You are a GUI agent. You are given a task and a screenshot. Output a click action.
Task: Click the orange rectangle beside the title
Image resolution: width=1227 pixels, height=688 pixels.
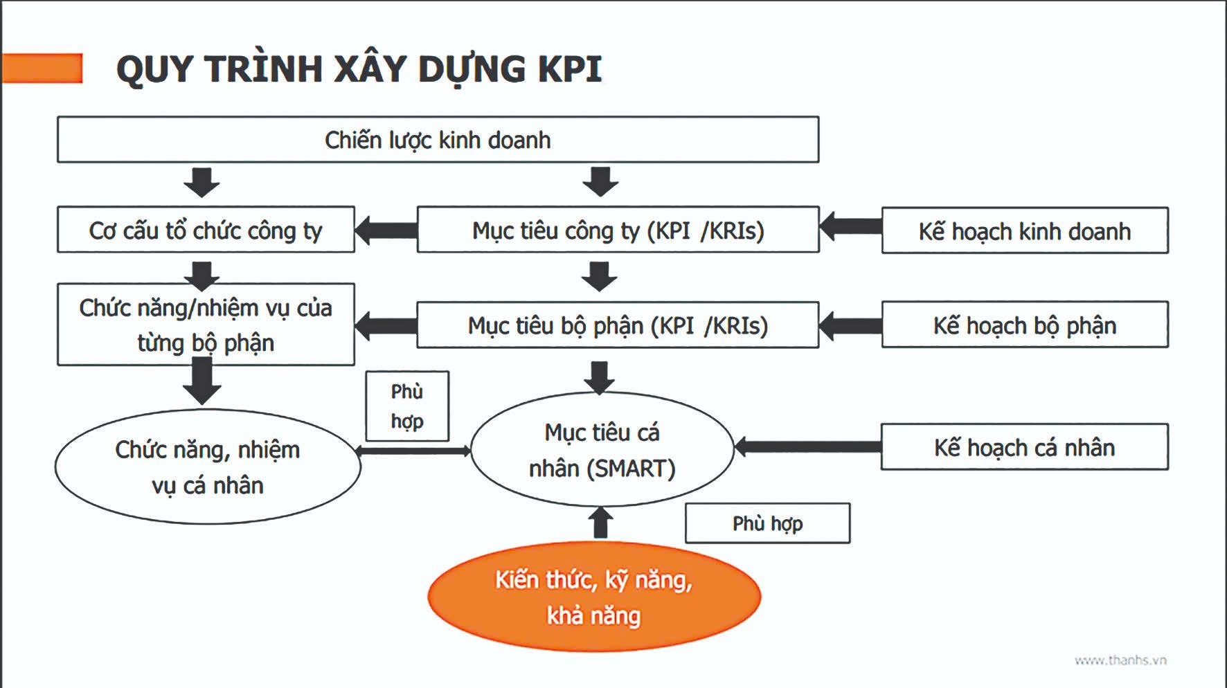click(42, 68)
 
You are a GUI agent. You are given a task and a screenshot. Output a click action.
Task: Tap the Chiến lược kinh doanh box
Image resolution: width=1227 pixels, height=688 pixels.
click(438, 140)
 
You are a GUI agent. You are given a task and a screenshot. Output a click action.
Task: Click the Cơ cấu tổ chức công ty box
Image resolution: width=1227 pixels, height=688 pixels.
click(206, 230)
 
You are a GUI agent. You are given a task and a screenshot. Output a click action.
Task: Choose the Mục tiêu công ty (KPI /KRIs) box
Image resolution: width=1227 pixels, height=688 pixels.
click(618, 230)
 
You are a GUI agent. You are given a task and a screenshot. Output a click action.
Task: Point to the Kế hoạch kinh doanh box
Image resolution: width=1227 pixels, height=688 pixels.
click(1025, 230)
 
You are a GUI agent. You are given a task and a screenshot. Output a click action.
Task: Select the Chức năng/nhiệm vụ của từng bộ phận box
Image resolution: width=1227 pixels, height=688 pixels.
click(206, 325)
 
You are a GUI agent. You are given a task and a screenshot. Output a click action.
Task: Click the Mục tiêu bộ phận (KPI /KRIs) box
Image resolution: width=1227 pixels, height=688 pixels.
click(618, 325)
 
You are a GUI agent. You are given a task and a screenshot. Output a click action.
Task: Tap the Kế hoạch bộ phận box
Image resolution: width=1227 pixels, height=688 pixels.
click(1025, 325)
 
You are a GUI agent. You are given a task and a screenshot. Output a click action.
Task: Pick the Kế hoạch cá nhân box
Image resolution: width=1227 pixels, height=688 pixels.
click(1025, 447)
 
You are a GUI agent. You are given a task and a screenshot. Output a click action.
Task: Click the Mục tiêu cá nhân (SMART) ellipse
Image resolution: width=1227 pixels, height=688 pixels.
click(602, 450)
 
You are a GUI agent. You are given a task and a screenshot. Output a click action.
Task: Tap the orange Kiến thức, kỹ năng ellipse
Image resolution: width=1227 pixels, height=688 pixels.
click(594, 597)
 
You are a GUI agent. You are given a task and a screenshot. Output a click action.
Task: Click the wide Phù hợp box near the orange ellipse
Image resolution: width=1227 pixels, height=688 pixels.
click(767, 523)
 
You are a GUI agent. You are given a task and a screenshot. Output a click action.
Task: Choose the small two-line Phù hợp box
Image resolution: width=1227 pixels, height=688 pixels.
click(407, 406)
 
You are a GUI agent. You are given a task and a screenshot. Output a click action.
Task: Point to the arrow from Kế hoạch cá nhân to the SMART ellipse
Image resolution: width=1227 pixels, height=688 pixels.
click(807, 447)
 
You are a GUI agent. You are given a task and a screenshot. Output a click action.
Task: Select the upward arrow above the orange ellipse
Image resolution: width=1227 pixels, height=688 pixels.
click(600, 523)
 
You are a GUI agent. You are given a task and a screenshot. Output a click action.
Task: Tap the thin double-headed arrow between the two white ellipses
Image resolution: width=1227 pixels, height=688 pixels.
click(413, 451)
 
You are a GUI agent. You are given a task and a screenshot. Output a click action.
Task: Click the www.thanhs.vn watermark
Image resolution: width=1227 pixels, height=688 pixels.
click(1120, 660)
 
